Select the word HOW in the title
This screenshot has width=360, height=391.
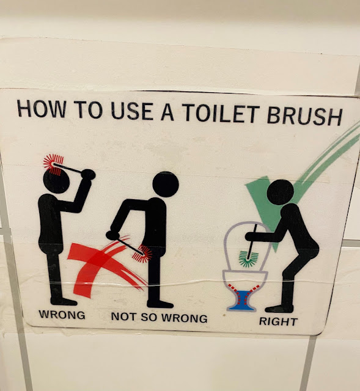tap(42, 109)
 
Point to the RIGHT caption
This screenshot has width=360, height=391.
tap(278, 321)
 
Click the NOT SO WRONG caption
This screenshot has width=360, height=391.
tap(159, 318)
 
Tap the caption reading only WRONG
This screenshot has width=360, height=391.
tap(62, 315)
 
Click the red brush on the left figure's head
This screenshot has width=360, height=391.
tap(53, 164)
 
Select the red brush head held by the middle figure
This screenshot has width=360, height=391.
tap(142, 254)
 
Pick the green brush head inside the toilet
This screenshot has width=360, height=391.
tap(248, 259)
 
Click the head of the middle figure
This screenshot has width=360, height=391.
tap(166, 185)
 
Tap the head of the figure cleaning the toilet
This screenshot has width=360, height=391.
tap(280, 192)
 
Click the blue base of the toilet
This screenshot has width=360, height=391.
tap(241, 302)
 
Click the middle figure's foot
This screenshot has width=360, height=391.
tap(160, 304)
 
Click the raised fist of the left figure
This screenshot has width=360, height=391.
tap(88, 174)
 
